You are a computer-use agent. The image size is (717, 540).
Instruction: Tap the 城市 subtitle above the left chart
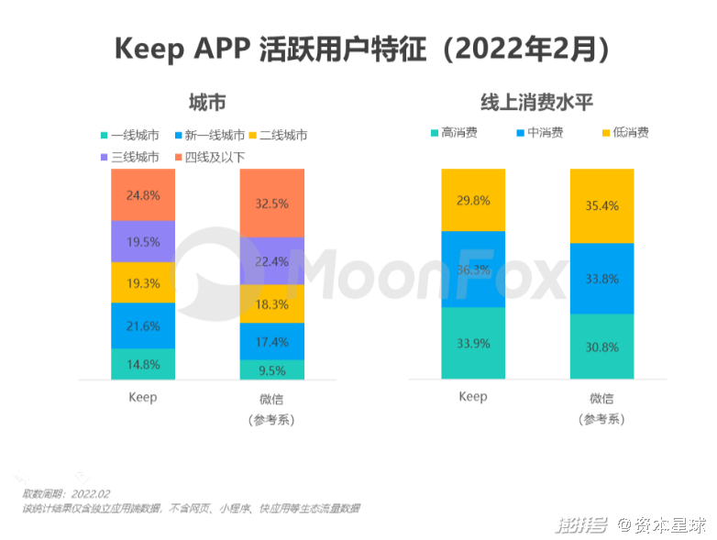pos(207,102)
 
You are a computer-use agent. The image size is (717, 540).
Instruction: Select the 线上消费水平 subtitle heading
pos(537,102)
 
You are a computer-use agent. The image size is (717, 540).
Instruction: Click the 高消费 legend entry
pos(453,133)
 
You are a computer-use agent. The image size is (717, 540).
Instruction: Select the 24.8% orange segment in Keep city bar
pos(143,194)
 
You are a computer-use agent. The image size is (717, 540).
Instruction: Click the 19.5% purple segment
pos(143,242)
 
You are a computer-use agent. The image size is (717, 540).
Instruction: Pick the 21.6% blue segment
pos(143,325)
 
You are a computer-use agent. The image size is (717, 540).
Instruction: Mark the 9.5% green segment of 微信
pos(272,369)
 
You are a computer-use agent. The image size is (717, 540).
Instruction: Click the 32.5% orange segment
pos(272,204)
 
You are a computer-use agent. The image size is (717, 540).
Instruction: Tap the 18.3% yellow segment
pos(272,303)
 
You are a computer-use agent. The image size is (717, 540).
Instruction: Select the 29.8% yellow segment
pos(473,200)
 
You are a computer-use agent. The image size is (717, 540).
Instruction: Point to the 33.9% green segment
pos(473,343)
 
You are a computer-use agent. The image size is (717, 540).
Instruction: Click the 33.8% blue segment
pos(601,279)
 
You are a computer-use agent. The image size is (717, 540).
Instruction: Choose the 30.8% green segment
pos(601,347)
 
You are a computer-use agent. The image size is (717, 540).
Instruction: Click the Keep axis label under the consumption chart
pos(473,397)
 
